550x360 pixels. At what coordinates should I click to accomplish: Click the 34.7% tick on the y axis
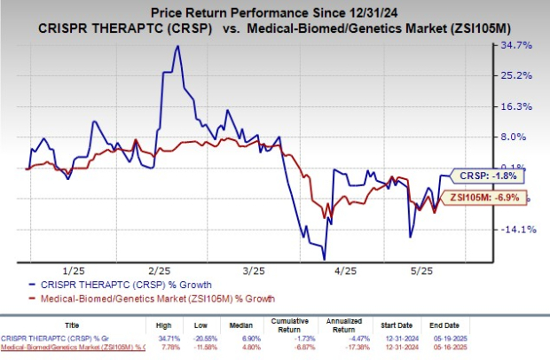click(516, 44)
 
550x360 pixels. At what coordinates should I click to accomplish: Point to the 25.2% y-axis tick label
click(516, 75)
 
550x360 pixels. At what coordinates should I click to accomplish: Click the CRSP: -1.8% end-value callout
click(489, 176)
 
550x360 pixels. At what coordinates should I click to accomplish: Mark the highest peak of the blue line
click(178, 46)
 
